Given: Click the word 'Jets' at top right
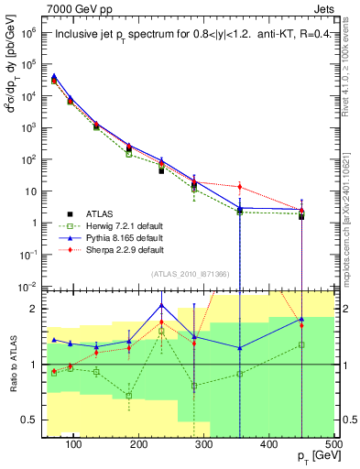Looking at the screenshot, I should pos(324,7).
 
